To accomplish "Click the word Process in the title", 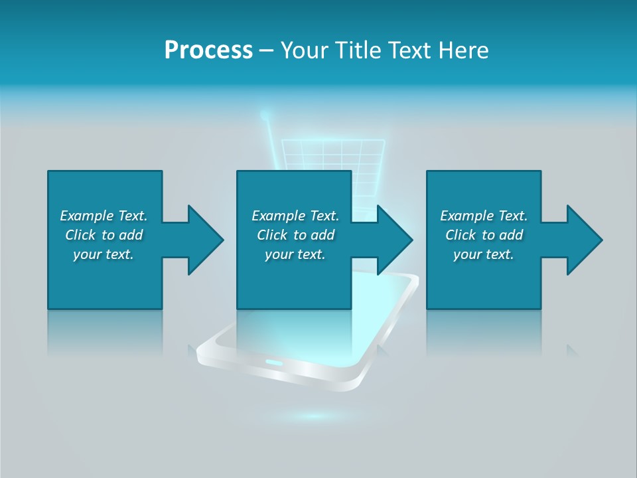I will pos(208,50).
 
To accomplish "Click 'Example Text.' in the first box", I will pos(104,216).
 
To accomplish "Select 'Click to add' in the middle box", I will pos(295,235).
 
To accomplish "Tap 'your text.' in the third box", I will pos(484,254).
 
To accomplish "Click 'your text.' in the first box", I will pos(104,254).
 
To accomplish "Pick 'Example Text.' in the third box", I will pos(484,216).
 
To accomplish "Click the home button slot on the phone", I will pos(274,362).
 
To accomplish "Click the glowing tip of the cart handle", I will pos(265,116).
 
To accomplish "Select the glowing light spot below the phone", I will pos(312,417).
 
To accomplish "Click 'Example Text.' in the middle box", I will pos(295,216).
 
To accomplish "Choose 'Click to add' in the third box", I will pos(484,235).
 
